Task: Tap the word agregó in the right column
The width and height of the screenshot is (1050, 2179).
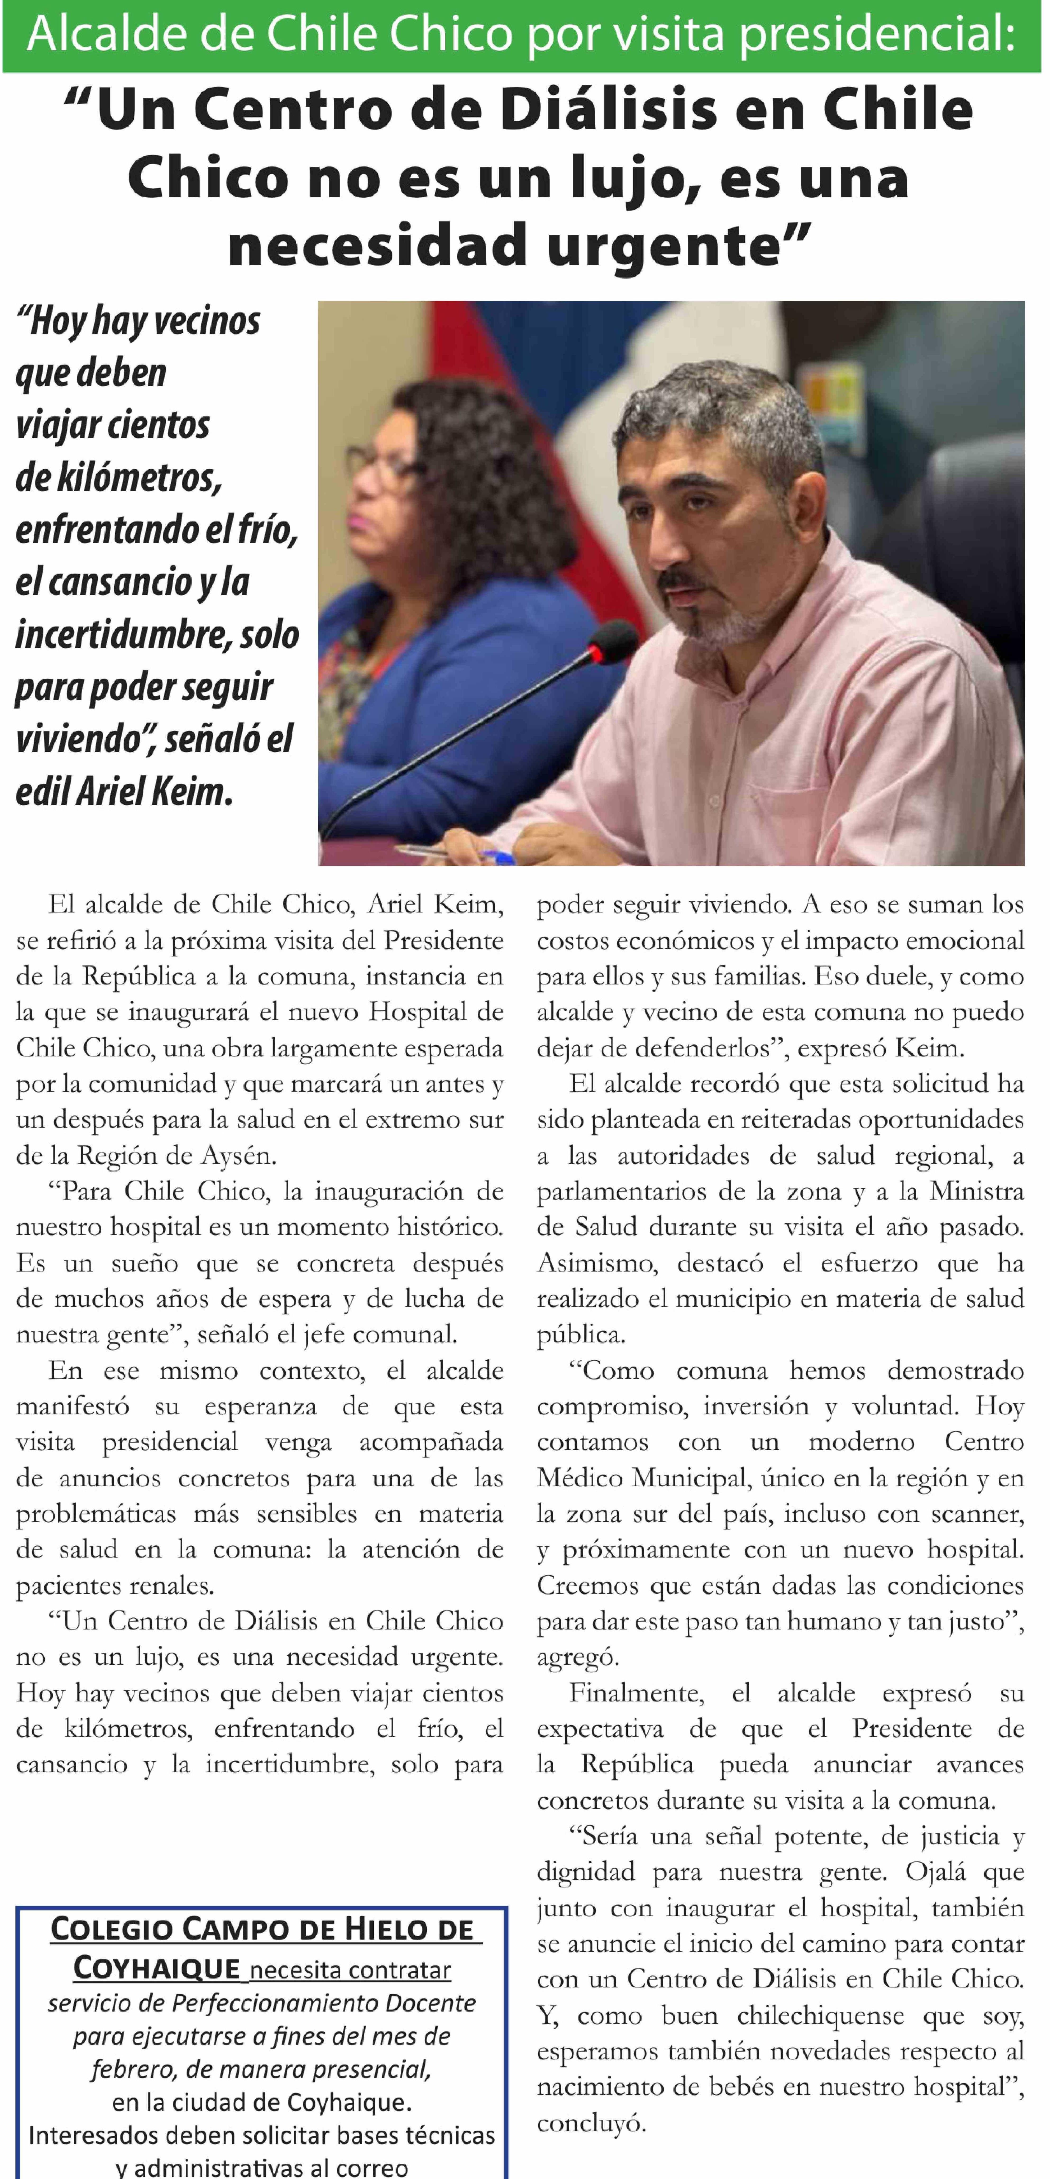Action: coord(576,1657)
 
